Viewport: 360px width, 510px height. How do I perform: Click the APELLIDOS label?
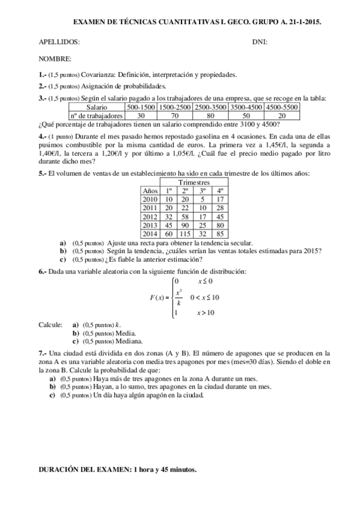click(x=59, y=42)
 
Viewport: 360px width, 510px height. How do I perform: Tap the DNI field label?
click(x=260, y=42)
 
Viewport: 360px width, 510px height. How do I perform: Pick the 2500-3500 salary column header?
click(x=210, y=106)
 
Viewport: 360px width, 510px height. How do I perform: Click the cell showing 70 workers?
click(x=175, y=115)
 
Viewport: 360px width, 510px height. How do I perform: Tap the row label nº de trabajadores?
click(x=96, y=115)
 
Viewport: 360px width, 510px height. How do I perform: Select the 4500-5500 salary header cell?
click(x=282, y=106)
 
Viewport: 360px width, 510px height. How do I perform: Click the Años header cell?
click(x=150, y=190)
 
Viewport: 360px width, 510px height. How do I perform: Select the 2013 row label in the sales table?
click(x=150, y=224)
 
